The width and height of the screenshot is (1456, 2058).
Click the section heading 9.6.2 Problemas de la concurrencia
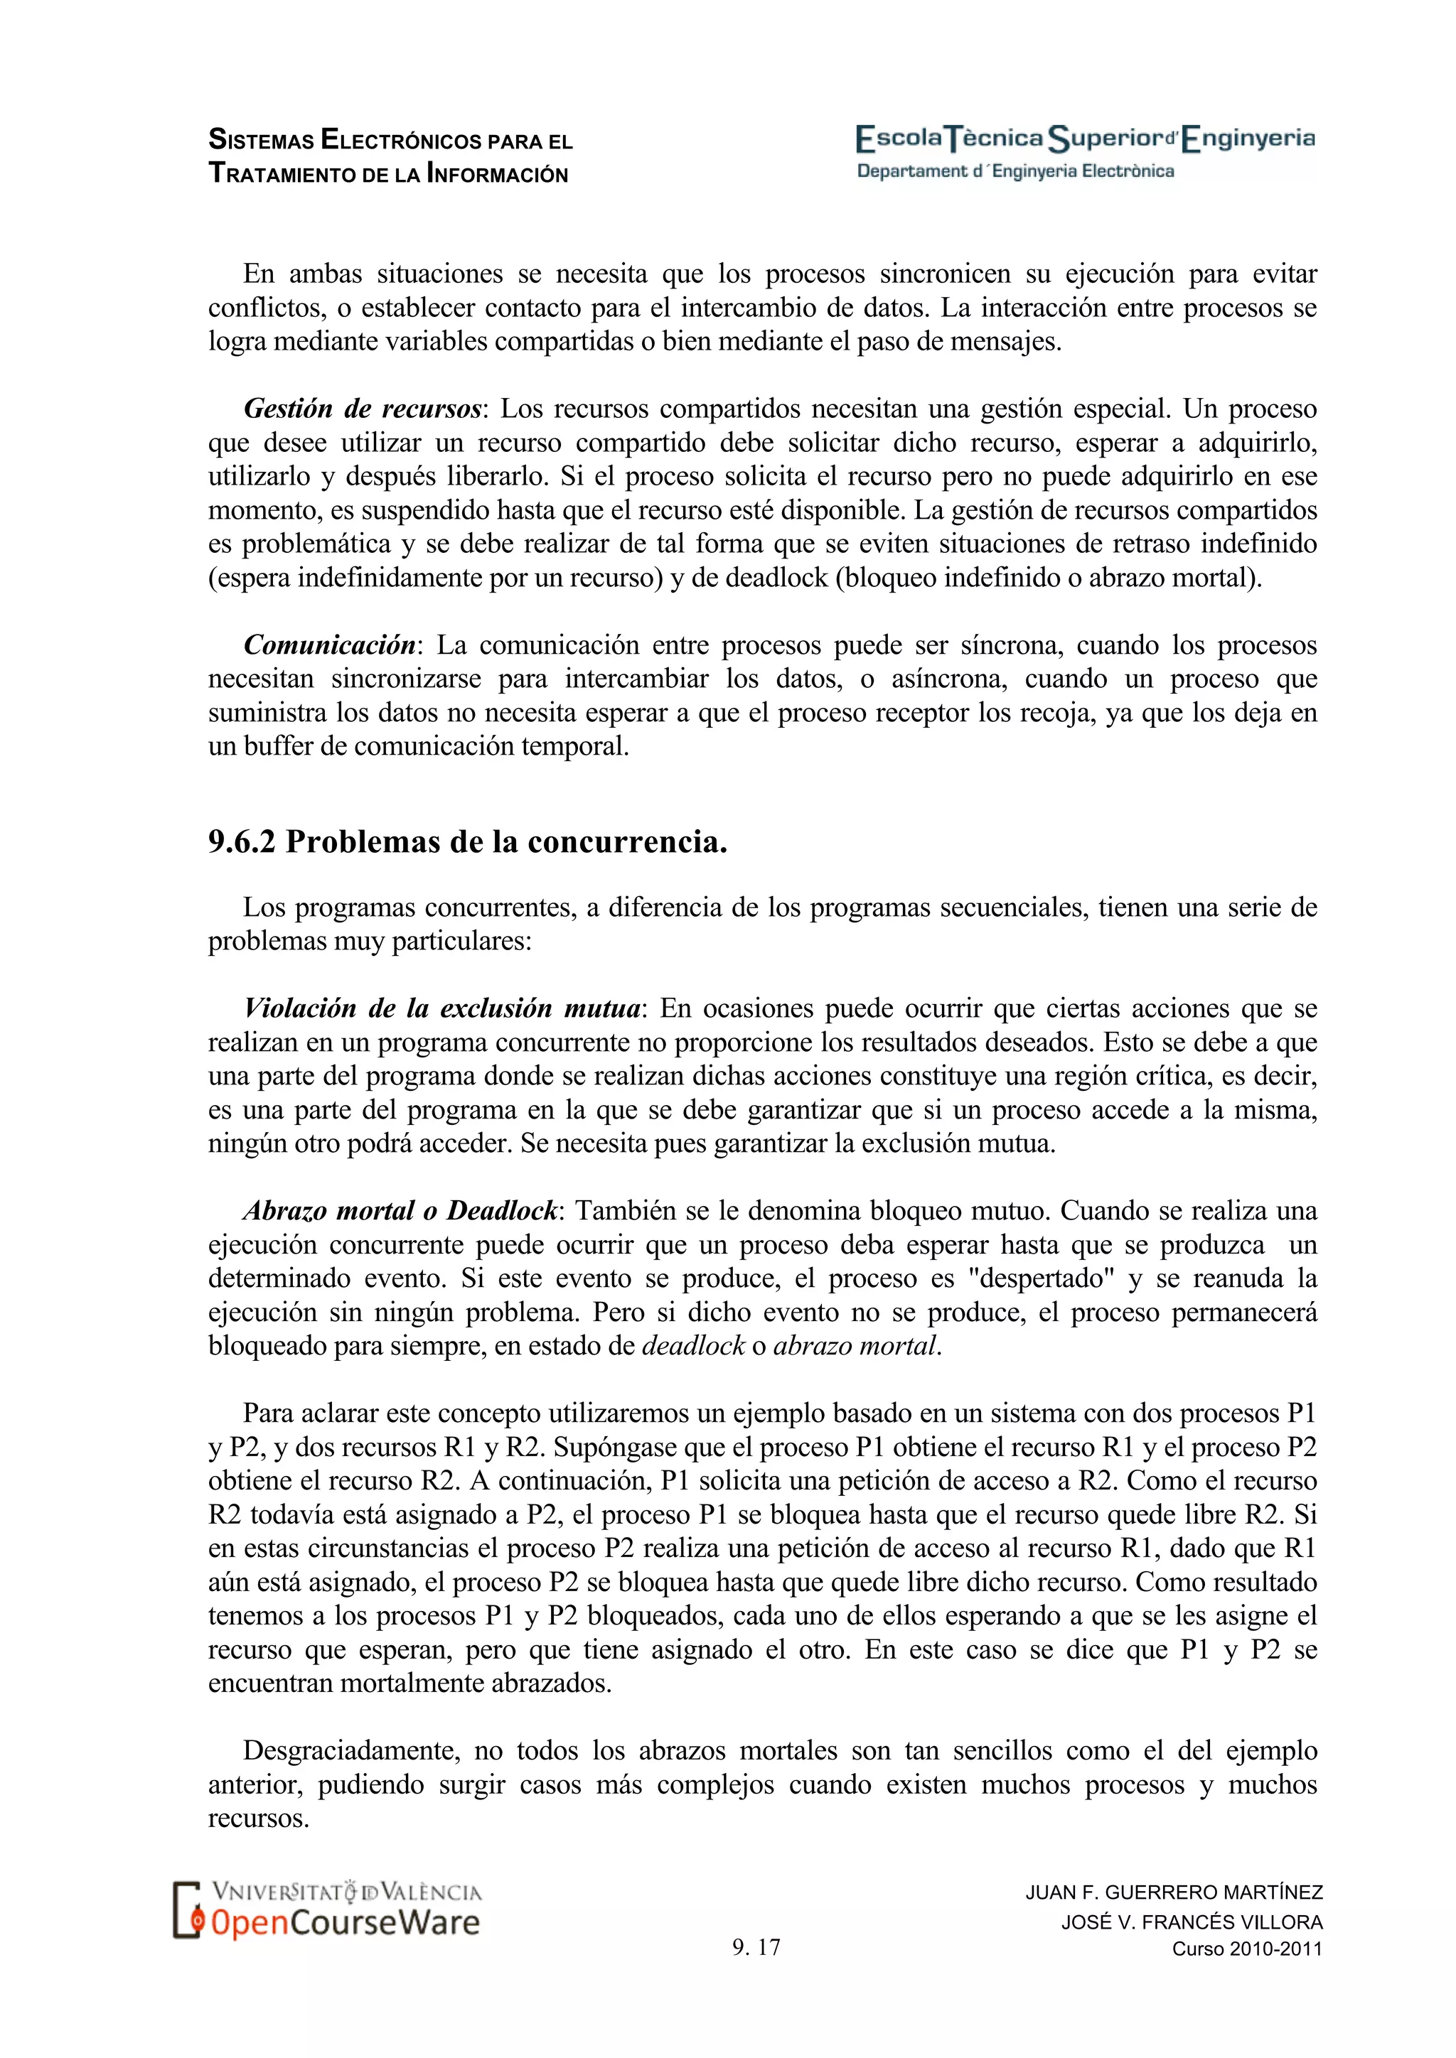(467, 841)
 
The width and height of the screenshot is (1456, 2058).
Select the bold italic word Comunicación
(329, 645)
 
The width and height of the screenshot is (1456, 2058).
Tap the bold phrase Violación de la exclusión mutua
(442, 1008)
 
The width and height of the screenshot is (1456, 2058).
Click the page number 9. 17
(756, 1947)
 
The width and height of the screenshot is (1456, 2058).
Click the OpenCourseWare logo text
(346, 1923)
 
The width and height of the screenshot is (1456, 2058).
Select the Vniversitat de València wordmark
(347, 1892)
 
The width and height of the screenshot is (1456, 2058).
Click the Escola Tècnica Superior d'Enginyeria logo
(1085, 139)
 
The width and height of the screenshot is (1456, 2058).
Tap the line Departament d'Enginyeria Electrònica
(1015, 171)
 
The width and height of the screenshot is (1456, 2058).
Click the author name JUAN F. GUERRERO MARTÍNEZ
(1174, 1892)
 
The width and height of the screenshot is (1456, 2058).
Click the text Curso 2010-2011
(1247, 1949)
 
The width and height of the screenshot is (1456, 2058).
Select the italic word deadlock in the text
(693, 1347)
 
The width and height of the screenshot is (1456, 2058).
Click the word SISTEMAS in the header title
(261, 141)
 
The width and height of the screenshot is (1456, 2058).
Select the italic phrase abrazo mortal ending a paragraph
(855, 1347)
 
